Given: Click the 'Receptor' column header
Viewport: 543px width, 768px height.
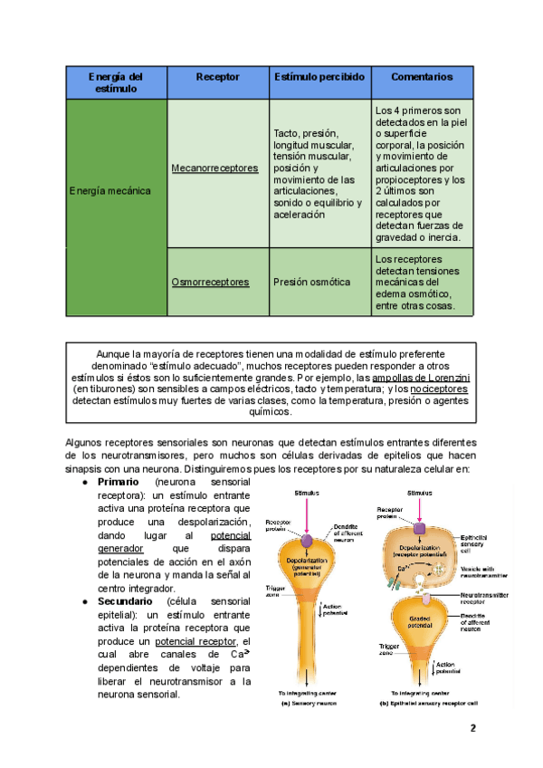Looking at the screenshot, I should [x=218, y=78].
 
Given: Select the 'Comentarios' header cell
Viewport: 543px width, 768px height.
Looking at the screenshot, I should [x=422, y=78].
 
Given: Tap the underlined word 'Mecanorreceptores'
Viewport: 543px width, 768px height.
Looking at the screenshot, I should [x=214, y=168].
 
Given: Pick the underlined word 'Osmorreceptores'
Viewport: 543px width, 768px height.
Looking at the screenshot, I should [x=210, y=283].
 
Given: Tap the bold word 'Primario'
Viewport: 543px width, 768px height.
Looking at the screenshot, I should [x=117, y=482].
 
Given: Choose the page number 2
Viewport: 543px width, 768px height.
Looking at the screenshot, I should [x=472, y=729].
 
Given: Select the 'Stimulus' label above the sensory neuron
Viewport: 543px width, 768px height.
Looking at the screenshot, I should [x=310, y=494].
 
